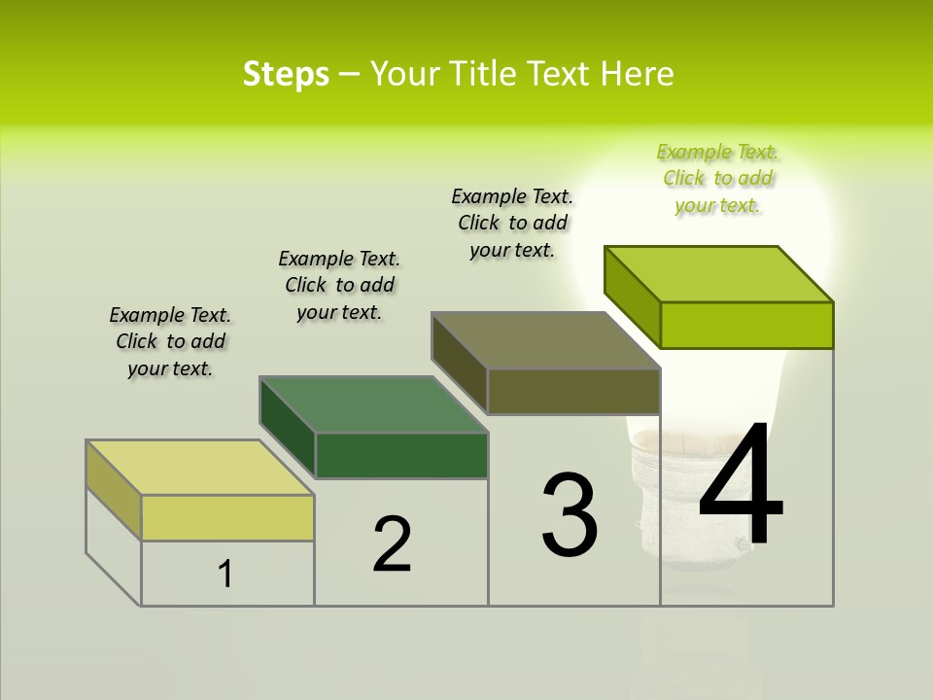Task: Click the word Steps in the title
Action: click(286, 74)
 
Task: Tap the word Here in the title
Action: click(638, 74)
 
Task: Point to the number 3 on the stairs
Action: click(570, 515)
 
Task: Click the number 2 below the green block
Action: click(392, 544)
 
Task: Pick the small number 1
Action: click(225, 575)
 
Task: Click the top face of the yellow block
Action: click(199, 468)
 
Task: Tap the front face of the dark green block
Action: click(401, 455)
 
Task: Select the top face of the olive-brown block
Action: click(545, 340)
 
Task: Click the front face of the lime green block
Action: click(746, 325)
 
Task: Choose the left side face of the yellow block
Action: click(114, 489)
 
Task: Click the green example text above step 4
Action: click(717, 179)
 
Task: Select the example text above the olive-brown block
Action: click(512, 223)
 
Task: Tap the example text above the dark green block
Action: click(339, 285)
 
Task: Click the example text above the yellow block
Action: click(170, 341)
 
